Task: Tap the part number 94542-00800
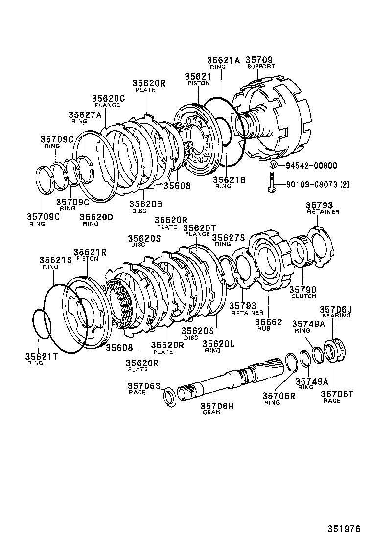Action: [x=308, y=166]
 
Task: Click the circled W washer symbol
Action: [x=274, y=165]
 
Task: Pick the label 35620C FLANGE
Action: [x=109, y=101]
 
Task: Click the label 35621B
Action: [x=229, y=180]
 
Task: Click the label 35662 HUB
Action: [x=269, y=325]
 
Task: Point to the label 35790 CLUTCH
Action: [x=303, y=292]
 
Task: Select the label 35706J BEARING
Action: [x=336, y=312]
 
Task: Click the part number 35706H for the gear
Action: [x=217, y=406]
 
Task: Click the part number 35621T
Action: [x=41, y=357]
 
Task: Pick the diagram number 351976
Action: [x=344, y=529]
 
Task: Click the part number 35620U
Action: [x=219, y=344]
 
